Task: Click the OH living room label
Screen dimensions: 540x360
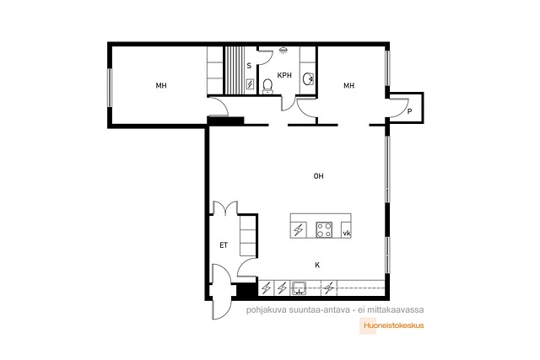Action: click(319, 176)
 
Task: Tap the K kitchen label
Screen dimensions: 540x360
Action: click(317, 265)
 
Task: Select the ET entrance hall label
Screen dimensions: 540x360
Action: click(224, 245)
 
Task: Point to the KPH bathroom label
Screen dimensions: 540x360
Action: click(284, 75)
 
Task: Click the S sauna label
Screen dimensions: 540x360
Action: click(249, 66)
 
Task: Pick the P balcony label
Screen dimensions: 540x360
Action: click(409, 111)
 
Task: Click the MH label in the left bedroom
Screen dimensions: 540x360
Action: click(161, 85)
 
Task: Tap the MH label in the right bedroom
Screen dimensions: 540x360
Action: click(348, 85)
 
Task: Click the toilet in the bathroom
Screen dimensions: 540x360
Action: click(267, 86)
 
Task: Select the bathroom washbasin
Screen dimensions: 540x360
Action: click(308, 78)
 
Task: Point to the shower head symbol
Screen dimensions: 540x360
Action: click(283, 51)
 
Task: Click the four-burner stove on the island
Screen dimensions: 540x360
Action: click(324, 229)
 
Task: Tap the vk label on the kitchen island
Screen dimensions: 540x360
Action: click(347, 234)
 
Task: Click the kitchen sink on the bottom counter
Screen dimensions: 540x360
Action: click(299, 288)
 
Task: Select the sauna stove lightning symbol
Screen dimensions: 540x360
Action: click(251, 84)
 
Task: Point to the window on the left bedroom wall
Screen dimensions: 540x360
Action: click(110, 88)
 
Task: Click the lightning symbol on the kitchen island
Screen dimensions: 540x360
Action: click(298, 229)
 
